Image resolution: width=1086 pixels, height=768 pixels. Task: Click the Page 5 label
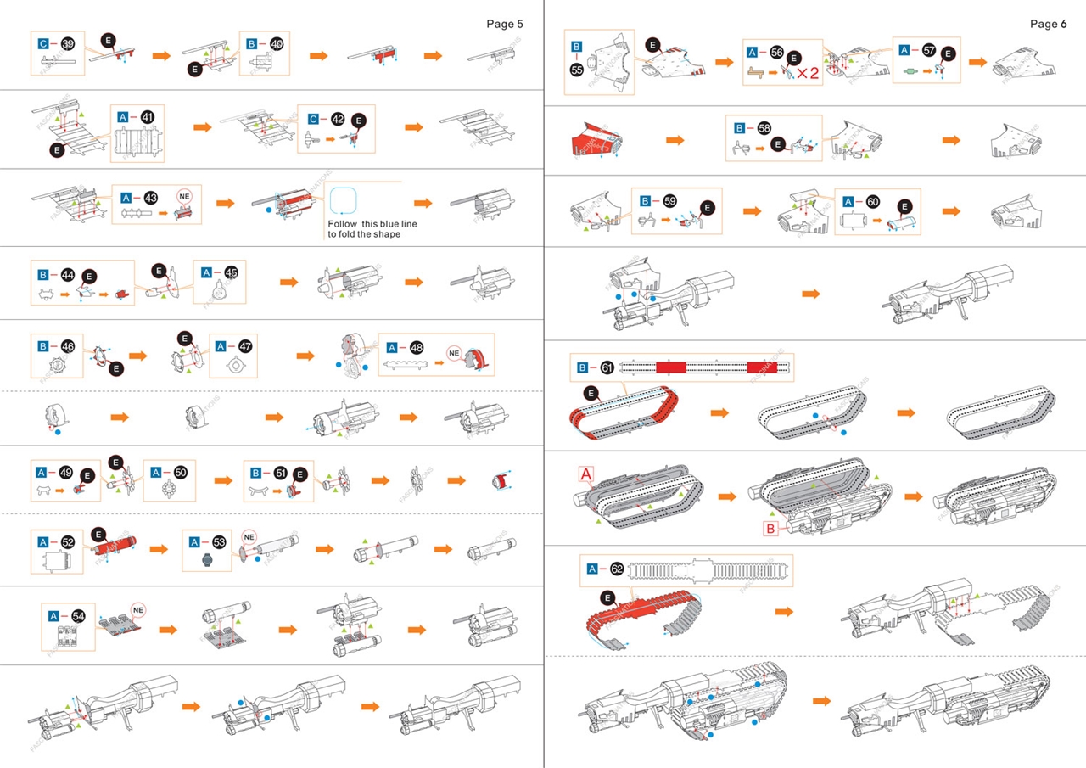click(504, 24)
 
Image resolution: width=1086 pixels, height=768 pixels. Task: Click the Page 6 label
click(1048, 24)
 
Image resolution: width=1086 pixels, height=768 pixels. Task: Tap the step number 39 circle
click(69, 43)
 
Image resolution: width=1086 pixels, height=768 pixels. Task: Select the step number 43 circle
click(151, 198)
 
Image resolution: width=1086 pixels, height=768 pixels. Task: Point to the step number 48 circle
click(416, 347)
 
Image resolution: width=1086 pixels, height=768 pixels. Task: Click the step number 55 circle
click(577, 70)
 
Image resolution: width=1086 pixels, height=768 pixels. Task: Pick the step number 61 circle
click(607, 367)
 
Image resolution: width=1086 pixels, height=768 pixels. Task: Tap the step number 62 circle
click(616, 568)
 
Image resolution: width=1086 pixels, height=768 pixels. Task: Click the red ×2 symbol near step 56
click(808, 73)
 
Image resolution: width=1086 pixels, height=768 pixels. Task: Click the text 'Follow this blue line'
click(363, 224)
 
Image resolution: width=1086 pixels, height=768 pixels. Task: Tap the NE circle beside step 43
click(183, 197)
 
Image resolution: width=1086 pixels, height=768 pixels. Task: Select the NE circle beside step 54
click(138, 610)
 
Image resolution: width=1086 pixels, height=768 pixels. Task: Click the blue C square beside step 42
click(313, 120)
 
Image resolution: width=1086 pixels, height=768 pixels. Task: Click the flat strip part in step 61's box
click(707, 367)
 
